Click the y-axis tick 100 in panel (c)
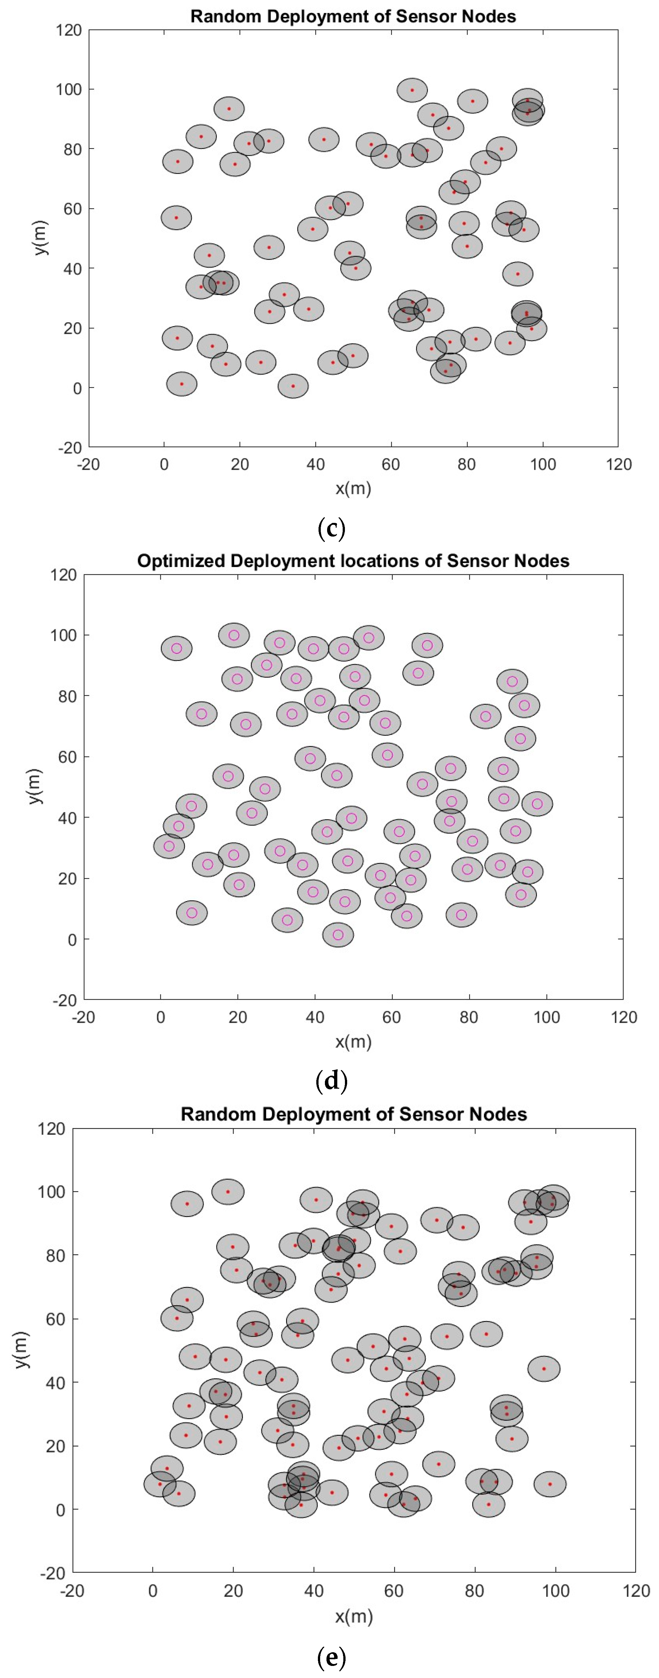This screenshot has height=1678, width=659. [68, 89]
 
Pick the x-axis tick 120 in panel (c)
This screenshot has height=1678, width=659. [618, 464]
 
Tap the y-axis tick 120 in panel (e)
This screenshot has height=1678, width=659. [51, 1129]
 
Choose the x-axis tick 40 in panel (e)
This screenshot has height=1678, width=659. [314, 1591]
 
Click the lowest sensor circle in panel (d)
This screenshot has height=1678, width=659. [338, 935]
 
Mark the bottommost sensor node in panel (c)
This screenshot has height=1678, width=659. [293, 386]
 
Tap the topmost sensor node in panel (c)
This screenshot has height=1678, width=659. [412, 90]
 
